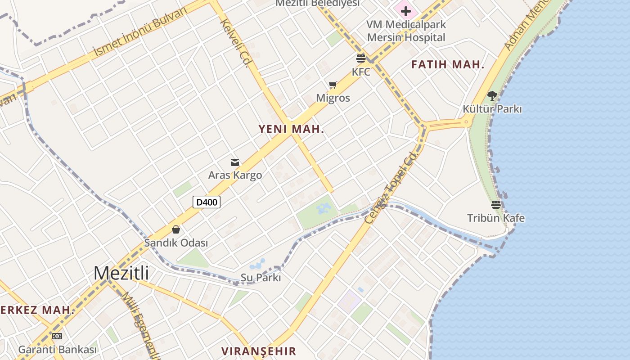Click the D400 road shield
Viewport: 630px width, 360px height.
coord(207,202)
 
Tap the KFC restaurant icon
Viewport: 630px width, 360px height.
coord(361,58)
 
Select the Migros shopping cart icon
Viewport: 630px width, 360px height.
coord(333,85)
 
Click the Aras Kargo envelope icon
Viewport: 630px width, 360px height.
coord(235,162)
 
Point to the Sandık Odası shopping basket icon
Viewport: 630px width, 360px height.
coord(176,230)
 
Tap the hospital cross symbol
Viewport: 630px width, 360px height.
coord(405,11)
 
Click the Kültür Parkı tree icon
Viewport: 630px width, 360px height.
coord(492,95)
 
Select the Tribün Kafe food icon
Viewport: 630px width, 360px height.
coord(496,205)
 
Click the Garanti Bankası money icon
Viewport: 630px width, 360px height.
coord(57,336)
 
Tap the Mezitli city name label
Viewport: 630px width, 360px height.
coord(121,273)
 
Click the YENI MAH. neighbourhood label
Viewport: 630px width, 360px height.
coord(291,129)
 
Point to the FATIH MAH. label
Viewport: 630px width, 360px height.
coord(448,65)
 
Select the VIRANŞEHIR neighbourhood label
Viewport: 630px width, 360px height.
coord(259,351)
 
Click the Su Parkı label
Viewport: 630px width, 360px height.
coord(261,278)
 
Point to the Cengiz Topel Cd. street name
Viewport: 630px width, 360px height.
coord(391,187)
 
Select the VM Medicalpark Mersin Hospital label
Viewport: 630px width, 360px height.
coord(406,31)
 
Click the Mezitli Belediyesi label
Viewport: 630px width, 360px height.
coord(318,3)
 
